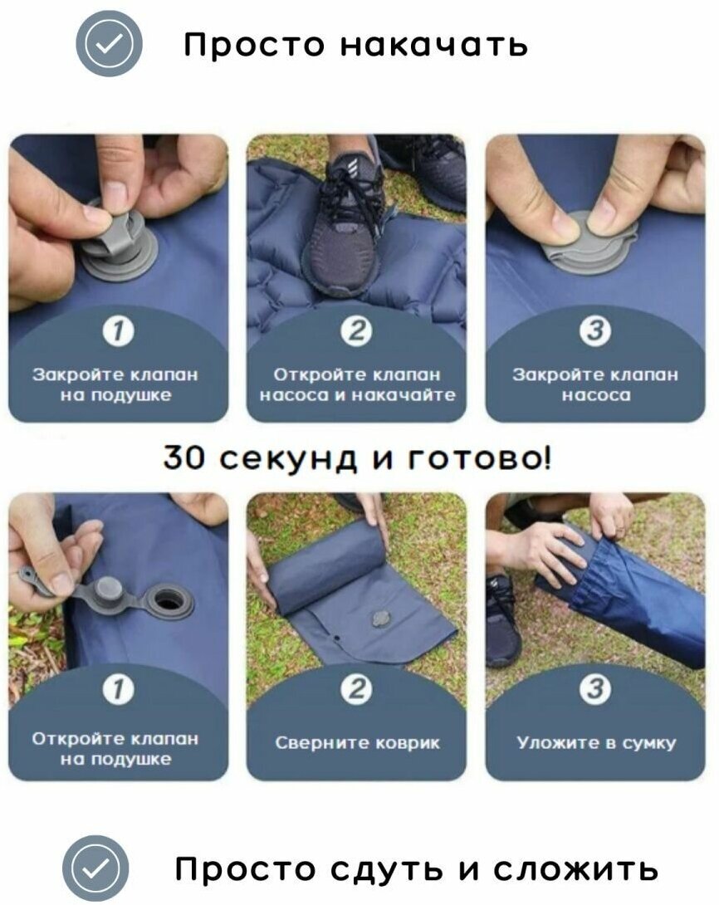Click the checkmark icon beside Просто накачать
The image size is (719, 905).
tap(109, 43)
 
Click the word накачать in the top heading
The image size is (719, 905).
tap(433, 45)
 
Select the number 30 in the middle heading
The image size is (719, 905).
tap(183, 457)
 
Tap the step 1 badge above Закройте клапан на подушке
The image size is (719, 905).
tap(118, 330)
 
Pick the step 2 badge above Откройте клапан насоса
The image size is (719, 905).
tap(357, 330)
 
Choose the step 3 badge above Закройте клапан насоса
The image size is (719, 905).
tap(595, 330)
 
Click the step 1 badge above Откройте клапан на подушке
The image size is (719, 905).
tap(118, 689)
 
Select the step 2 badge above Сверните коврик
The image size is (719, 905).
tap(357, 689)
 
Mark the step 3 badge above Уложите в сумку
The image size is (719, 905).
tap(595, 689)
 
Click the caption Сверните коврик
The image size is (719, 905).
tap(357, 742)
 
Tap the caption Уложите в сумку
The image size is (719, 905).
tap(596, 743)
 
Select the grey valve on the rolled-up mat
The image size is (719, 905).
tap(379, 619)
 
